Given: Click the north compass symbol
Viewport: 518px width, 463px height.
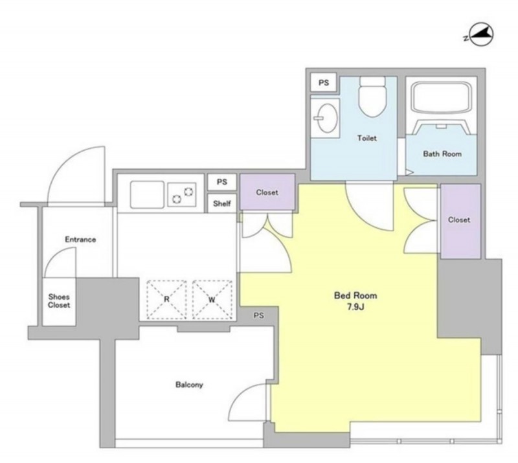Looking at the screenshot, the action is [x=480, y=35].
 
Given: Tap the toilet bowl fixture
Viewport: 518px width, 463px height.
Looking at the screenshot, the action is [x=373, y=96].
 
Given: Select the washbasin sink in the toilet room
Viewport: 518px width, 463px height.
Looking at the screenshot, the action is [x=326, y=118].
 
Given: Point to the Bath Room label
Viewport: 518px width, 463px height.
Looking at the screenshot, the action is [x=442, y=153].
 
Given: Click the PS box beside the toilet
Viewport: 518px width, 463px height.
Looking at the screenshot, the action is [x=323, y=83].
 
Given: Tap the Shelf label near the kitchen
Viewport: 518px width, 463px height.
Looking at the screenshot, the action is [x=221, y=203].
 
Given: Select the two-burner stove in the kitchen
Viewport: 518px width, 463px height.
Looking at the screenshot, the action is [x=182, y=195].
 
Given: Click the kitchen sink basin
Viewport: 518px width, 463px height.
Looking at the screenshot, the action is [x=147, y=195].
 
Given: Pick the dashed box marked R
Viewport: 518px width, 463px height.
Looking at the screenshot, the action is [x=166, y=299].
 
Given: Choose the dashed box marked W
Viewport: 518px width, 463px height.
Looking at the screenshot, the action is [x=212, y=299].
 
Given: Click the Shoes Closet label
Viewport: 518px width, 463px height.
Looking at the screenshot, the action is [x=59, y=300].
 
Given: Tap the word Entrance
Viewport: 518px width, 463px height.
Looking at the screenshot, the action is [x=80, y=239].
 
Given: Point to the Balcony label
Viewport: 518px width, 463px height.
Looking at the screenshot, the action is [x=189, y=385].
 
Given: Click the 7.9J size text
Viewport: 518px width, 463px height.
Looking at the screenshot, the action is [x=355, y=307].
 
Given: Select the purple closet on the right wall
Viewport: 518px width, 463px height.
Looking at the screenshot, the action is [x=460, y=221].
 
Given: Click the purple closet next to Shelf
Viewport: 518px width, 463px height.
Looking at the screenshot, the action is [x=267, y=192].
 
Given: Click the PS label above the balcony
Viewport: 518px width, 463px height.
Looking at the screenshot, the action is [x=258, y=315].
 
